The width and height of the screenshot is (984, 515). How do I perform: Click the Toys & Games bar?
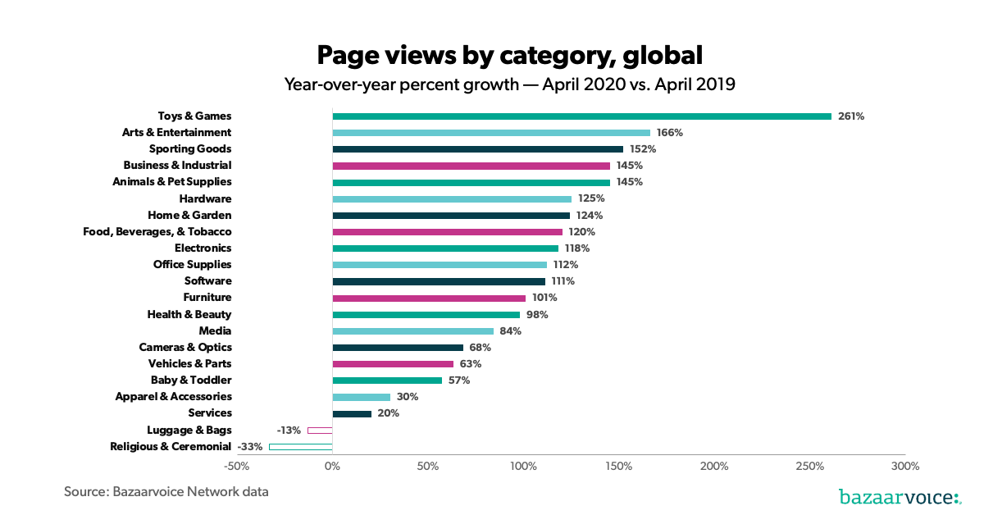(581, 116)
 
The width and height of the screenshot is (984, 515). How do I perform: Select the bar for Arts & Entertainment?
(491, 133)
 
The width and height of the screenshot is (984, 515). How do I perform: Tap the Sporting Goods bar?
(477, 149)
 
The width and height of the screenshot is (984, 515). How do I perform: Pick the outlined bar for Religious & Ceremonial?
(300, 447)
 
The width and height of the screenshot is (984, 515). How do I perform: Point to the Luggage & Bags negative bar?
(320, 431)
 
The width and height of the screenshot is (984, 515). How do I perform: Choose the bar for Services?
(352, 413)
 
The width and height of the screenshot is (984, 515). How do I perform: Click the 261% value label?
(851, 116)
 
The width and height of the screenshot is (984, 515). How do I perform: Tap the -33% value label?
(251, 447)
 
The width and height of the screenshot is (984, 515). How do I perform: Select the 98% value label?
(537, 315)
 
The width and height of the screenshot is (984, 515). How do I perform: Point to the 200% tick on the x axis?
(714, 467)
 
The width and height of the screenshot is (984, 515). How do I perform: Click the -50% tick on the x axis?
(236, 467)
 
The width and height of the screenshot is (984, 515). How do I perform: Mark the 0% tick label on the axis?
(332, 467)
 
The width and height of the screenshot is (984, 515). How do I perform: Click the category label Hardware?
(205, 198)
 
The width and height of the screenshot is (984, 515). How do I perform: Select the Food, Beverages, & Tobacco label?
(157, 232)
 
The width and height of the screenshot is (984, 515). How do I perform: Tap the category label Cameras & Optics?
(185, 348)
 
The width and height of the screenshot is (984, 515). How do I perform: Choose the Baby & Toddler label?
(191, 381)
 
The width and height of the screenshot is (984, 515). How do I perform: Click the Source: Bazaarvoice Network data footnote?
(166, 492)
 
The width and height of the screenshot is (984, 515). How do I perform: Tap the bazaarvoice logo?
(900, 496)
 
